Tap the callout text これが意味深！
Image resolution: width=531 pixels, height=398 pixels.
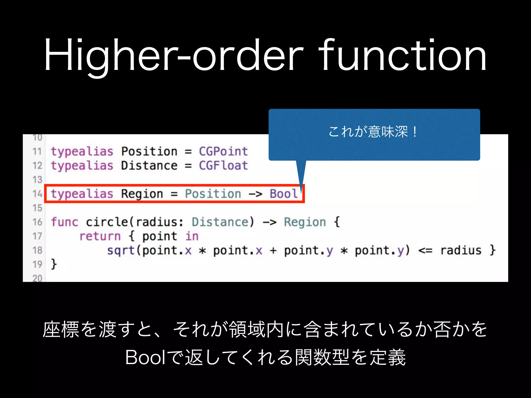click(x=373, y=132)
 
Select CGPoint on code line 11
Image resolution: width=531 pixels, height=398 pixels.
click(x=223, y=151)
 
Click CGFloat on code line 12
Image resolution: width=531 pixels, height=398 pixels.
click(x=223, y=166)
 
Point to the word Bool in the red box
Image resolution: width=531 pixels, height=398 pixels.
click(x=284, y=194)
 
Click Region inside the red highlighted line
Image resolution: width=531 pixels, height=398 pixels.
click(x=142, y=194)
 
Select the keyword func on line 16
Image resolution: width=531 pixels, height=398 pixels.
click(x=64, y=222)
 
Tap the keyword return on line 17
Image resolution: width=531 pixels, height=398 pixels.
click(x=100, y=236)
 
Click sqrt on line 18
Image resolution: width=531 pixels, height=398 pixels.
click(x=121, y=251)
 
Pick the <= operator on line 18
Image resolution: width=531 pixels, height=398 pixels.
click(x=425, y=251)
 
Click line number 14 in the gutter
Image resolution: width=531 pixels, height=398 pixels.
click(x=37, y=194)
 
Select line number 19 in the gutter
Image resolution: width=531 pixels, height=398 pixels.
click(x=37, y=265)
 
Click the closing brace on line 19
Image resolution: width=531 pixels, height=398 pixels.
click(x=54, y=264)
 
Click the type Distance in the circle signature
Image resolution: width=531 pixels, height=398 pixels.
click(x=220, y=222)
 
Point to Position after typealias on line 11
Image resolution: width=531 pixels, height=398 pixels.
click(x=149, y=151)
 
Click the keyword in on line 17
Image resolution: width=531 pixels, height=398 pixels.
click(x=192, y=236)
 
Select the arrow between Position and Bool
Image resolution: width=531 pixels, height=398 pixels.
click(x=255, y=194)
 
